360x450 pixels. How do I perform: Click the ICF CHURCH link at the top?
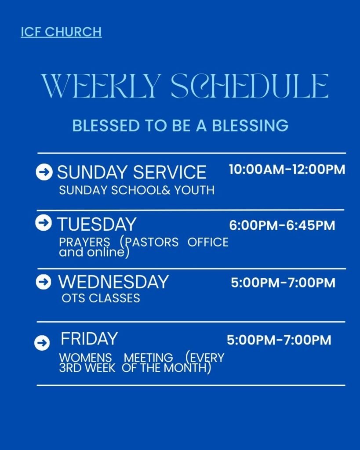(61, 32)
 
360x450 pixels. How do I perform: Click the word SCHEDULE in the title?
(249, 86)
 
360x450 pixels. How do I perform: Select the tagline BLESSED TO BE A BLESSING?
(180, 126)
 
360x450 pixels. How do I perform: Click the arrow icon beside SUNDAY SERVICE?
(44, 172)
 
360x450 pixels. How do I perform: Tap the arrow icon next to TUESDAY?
(43, 223)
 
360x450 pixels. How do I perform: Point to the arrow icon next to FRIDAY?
(42, 343)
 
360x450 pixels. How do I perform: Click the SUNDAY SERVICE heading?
(131, 172)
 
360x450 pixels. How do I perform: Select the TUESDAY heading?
(97, 225)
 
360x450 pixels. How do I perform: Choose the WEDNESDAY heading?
(113, 282)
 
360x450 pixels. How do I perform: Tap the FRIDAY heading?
(89, 339)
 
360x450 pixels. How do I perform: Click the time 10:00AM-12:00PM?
(287, 170)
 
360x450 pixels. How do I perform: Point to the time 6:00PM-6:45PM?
(282, 226)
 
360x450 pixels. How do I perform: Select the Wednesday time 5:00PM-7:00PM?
(283, 283)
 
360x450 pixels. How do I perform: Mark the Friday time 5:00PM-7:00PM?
(279, 340)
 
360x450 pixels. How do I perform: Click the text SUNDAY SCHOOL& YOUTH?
(137, 190)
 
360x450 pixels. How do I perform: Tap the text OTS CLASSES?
(101, 298)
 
